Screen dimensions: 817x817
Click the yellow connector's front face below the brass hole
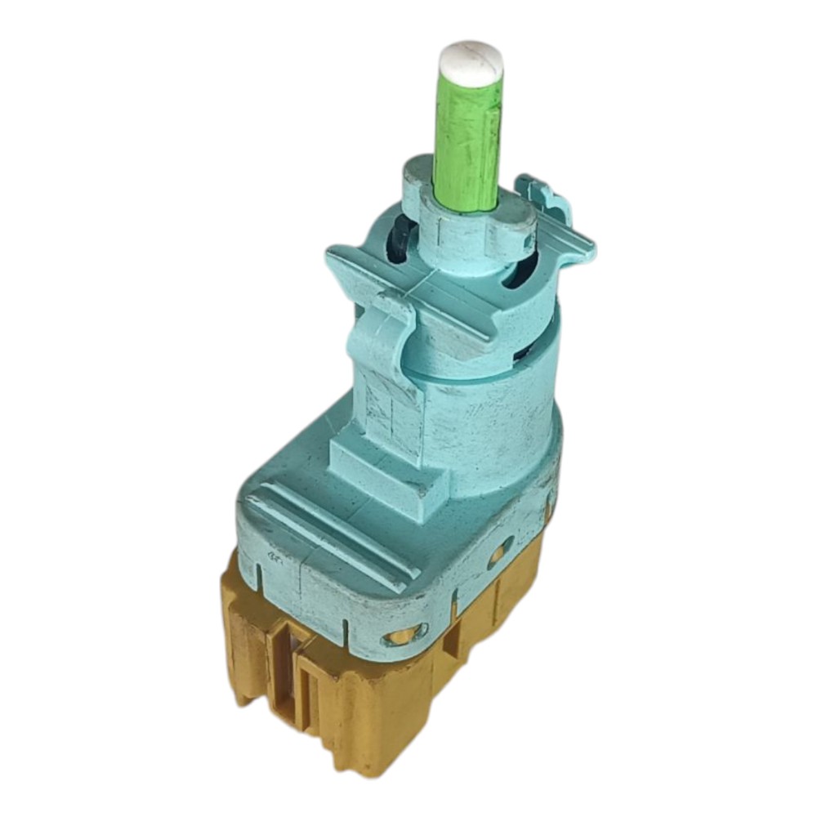tap(384, 703)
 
